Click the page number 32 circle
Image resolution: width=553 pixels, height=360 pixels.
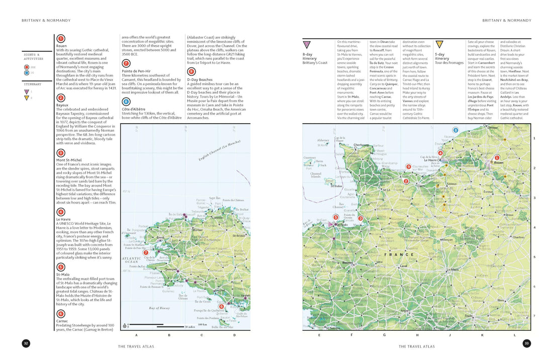pyautogui.click(x=26, y=343)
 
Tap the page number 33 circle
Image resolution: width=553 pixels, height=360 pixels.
pyautogui.click(x=526, y=343)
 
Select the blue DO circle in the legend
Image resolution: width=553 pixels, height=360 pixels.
pyautogui.click(x=26, y=73)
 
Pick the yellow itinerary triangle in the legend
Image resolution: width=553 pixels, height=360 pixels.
pyautogui.click(x=26, y=98)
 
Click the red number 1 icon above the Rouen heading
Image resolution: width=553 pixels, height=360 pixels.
pyautogui.click(x=60, y=38)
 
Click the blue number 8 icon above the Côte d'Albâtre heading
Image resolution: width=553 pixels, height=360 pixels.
pyautogui.click(x=126, y=101)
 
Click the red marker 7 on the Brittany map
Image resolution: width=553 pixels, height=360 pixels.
pyautogui.click(x=146, y=252)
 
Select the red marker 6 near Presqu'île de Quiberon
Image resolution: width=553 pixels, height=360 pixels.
pyautogui.click(x=221, y=306)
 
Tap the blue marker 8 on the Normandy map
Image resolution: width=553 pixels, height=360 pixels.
pyautogui.click(x=455, y=130)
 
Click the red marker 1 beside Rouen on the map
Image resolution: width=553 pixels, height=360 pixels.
pyautogui.click(x=497, y=157)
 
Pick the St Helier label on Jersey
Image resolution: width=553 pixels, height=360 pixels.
pyautogui.click(x=336, y=186)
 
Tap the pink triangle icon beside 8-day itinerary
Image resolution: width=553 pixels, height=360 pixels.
pyautogui.click(x=306, y=44)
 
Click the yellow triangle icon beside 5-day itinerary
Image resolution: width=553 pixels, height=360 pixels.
pyautogui.click(x=439, y=44)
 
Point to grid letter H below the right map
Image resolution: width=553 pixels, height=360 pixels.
pyautogui.click(x=417, y=334)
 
